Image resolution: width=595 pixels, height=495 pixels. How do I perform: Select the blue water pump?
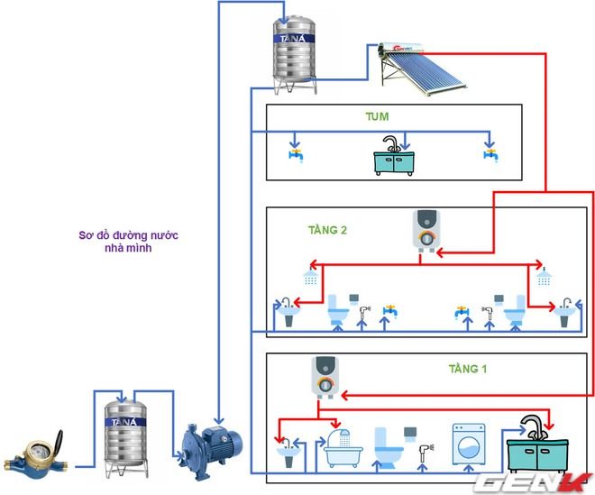pyautogui.click(x=208, y=444)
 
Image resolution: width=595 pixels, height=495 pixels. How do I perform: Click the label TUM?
pyautogui.click(x=377, y=117)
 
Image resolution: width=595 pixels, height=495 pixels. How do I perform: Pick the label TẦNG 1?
pyautogui.click(x=467, y=369)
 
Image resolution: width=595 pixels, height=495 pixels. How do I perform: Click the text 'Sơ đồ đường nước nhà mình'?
pyautogui.click(x=116, y=241)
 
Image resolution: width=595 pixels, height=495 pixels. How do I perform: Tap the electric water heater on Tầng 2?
pyautogui.click(x=425, y=230)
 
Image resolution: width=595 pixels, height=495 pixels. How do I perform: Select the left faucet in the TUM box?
pyautogui.click(x=295, y=151)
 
